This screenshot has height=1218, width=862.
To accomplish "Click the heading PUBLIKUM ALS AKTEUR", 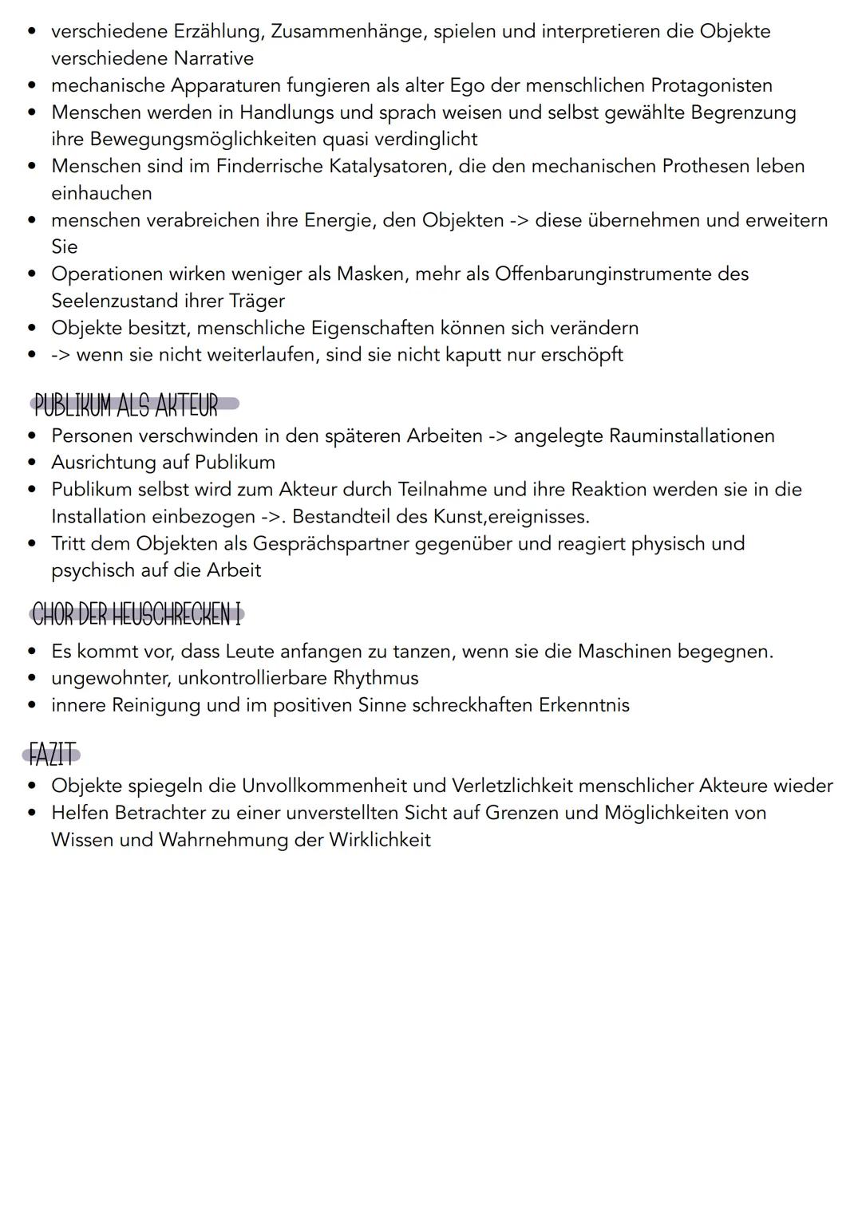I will pyautogui.click(x=126, y=405).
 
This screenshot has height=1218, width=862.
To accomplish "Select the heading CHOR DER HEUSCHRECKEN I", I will pyautogui.click(x=136, y=615).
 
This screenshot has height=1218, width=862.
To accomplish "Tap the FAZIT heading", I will pyautogui.click(x=53, y=754).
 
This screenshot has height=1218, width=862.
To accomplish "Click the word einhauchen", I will pyautogui.click(x=101, y=193).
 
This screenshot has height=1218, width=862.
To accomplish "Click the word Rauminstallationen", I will pyautogui.click(x=691, y=436).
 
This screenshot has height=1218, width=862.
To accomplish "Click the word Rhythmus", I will pyautogui.click(x=375, y=678).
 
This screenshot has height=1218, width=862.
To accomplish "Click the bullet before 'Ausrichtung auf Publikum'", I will pyautogui.click(x=31, y=463).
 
